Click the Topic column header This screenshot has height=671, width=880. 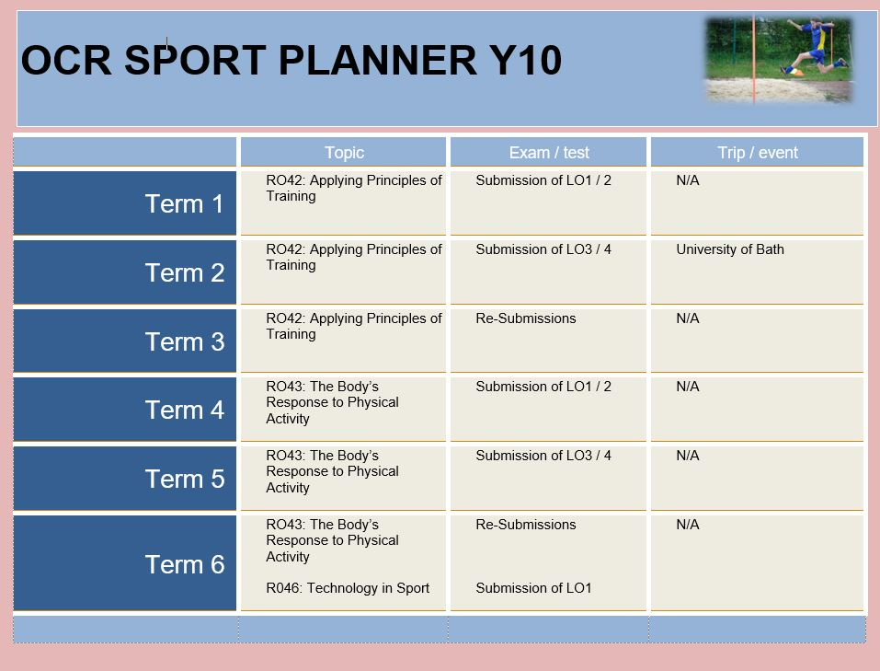pyautogui.click(x=344, y=152)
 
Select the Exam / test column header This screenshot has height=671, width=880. pyautogui.click(x=549, y=152)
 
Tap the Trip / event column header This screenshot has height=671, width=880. pyautogui.click(x=757, y=152)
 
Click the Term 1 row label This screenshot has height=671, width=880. pyautogui.click(x=185, y=203)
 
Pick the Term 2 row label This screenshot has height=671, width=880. pyautogui.click(x=185, y=272)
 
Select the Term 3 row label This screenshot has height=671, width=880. pyautogui.click(x=185, y=341)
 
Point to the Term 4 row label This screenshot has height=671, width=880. pyautogui.click(x=185, y=410)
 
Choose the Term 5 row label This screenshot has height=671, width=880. pyautogui.click(x=185, y=479)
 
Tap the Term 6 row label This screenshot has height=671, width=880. pyautogui.click(x=185, y=564)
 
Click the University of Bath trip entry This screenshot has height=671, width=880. pyautogui.click(x=729, y=249)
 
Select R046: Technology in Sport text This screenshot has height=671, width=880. pyautogui.click(x=348, y=588)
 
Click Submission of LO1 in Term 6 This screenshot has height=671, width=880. pyautogui.click(x=533, y=588)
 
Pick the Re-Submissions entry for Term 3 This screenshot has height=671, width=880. pyautogui.click(x=525, y=318)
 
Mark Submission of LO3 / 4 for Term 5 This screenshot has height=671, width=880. pyautogui.click(x=543, y=456)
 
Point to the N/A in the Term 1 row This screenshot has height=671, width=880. pyautogui.click(x=688, y=179)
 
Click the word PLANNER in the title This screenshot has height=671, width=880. pyautogui.click(x=377, y=60)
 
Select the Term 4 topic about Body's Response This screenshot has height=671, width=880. pyautogui.click(x=332, y=402)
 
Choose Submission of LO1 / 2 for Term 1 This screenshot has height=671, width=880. pyautogui.click(x=543, y=179)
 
